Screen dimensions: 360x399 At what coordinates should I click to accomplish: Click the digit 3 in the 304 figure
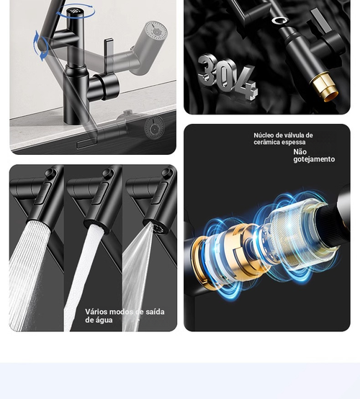(x=208, y=71)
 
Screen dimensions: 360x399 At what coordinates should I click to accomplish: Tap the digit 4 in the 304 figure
(x=246, y=82)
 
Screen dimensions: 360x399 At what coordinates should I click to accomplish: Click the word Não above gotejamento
(x=300, y=152)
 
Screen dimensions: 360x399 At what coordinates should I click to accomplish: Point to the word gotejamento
(x=314, y=159)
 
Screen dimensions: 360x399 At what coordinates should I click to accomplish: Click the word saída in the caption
(x=155, y=312)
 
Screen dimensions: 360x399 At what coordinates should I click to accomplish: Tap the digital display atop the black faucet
(x=74, y=12)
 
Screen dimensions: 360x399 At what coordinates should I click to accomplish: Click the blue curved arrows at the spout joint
(x=41, y=46)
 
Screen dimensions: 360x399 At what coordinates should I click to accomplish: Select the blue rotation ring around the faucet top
(x=76, y=11)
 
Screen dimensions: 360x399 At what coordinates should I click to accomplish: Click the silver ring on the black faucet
(x=279, y=20)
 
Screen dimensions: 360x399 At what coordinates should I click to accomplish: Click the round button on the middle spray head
(x=109, y=173)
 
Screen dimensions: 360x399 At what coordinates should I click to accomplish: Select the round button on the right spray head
(x=167, y=173)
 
